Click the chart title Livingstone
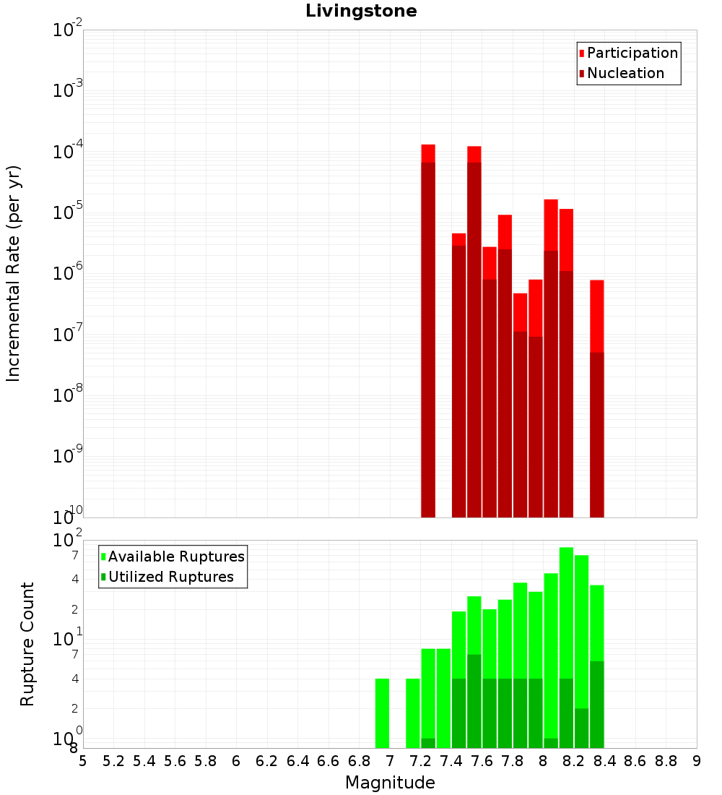361,11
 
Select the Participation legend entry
632,53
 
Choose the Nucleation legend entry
625,73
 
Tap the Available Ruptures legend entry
175,556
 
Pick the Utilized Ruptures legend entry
170,577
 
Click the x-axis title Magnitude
390,783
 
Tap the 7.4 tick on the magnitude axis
451,761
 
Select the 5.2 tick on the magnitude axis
114,761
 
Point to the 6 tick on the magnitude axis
236,761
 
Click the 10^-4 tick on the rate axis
68,151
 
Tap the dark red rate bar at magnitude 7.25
427,340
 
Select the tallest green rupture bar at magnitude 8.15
566,614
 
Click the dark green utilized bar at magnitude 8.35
596,705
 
